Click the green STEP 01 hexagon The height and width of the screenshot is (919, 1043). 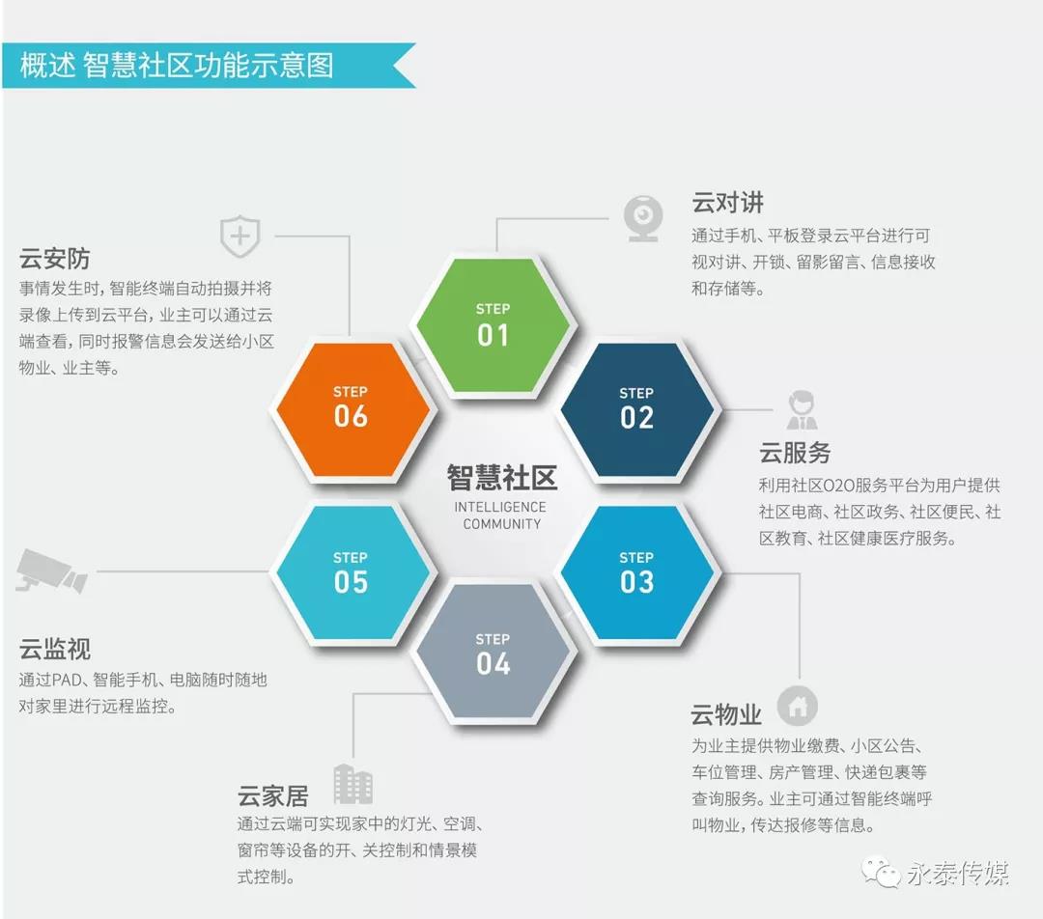click(493, 325)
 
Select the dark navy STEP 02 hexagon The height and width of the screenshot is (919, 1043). click(636, 408)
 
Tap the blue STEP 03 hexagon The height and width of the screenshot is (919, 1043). click(636, 573)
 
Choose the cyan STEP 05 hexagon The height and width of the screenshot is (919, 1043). click(351, 573)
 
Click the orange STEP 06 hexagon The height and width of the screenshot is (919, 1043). click(351, 408)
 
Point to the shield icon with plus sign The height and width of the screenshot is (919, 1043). click(240, 237)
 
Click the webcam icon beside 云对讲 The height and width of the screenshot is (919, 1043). click(643, 218)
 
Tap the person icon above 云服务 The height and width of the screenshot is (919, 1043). click(802, 409)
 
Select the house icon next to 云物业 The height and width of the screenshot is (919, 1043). click(798, 706)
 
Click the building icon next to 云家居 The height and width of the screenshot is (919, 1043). click(352, 784)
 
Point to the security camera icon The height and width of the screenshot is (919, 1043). click(51, 571)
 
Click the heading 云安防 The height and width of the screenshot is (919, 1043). click(54, 259)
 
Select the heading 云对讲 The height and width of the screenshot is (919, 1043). click(728, 202)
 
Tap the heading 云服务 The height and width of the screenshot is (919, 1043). click(795, 453)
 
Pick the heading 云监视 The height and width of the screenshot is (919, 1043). click(54, 649)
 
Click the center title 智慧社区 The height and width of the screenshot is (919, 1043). click(501, 478)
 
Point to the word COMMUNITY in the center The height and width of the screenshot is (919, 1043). click(502, 524)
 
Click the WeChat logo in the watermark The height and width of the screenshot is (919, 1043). click(882, 871)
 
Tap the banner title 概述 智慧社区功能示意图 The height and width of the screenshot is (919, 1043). click(177, 66)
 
